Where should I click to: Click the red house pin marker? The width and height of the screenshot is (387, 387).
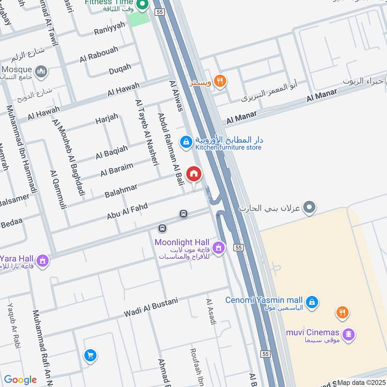(194, 174)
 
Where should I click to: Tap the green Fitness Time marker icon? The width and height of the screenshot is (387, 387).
(142, 6)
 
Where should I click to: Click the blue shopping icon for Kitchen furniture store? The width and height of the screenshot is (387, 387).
(185, 142)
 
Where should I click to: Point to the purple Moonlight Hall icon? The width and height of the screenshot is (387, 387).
(219, 248)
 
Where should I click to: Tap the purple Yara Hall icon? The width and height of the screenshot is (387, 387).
(43, 261)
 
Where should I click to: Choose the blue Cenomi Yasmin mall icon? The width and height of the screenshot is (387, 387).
(313, 301)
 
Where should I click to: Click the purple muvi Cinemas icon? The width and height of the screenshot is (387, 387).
(348, 333)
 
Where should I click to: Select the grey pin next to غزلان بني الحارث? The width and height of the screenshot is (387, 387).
(311, 208)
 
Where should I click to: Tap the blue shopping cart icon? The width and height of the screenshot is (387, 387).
(89, 356)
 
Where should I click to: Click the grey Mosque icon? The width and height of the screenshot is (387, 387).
(42, 72)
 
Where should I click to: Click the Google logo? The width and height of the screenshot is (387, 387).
(20, 380)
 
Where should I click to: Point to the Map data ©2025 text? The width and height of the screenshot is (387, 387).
(361, 382)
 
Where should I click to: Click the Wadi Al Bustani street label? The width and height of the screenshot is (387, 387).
(150, 307)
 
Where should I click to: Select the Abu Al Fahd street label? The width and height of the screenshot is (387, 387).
(127, 211)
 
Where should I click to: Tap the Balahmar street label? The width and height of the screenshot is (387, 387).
(121, 190)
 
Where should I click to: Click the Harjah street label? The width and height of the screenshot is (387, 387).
(106, 120)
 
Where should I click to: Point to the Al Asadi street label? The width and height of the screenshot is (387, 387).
(210, 311)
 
